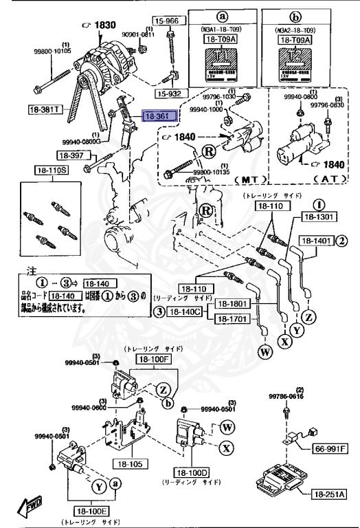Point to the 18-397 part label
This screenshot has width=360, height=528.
click(70, 155)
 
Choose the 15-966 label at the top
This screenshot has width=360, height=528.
click(166, 21)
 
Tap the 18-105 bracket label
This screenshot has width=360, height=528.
click(128, 463)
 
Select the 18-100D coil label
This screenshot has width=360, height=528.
click(193, 474)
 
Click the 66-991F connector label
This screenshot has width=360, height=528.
click(330, 449)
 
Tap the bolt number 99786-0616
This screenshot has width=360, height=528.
click(286, 397)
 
